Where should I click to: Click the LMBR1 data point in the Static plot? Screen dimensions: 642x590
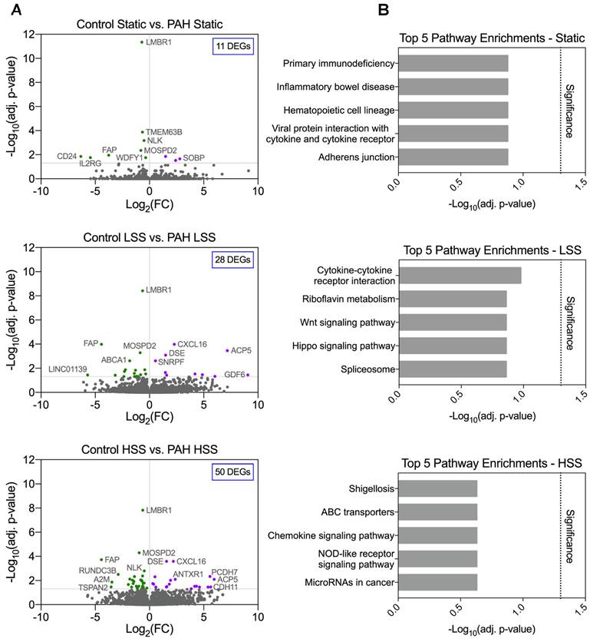(142, 42)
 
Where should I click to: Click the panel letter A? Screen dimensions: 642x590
(14, 10)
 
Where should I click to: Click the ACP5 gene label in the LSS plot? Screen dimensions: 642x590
(241, 350)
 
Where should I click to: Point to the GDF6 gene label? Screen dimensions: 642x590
(234, 375)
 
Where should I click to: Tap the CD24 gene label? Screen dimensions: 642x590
(67, 156)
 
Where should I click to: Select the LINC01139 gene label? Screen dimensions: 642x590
(68, 369)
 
